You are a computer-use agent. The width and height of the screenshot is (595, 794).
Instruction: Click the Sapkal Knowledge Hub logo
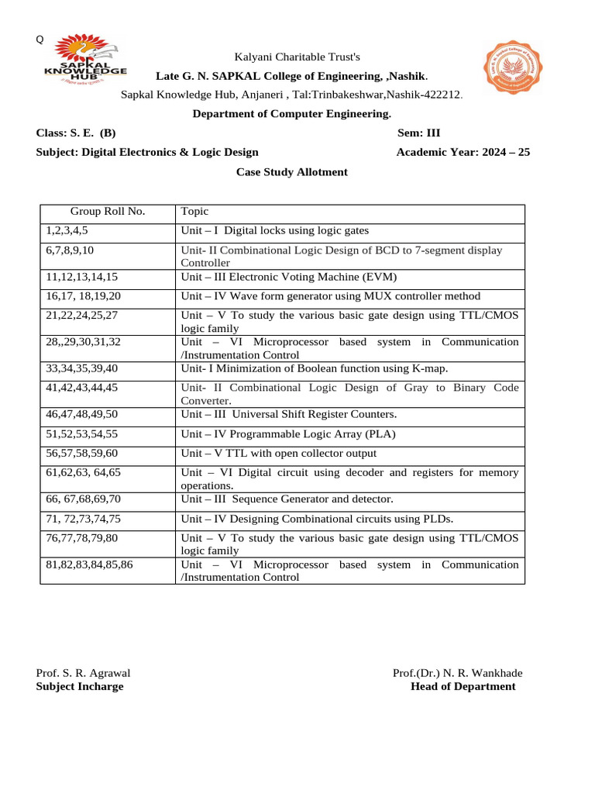click(x=84, y=61)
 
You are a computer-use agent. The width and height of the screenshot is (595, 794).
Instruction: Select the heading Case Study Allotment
click(x=291, y=172)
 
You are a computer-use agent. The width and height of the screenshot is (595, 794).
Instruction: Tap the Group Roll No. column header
click(x=108, y=212)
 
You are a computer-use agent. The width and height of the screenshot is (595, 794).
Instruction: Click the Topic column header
click(x=194, y=212)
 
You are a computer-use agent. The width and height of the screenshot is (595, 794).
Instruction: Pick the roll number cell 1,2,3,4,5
click(x=67, y=231)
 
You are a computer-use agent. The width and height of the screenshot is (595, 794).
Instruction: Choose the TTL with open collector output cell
click(x=279, y=454)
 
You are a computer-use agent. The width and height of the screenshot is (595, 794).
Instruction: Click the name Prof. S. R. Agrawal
click(x=83, y=673)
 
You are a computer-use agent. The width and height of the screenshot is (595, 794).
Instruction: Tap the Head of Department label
click(x=463, y=686)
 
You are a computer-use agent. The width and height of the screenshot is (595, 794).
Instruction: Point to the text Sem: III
click(x=418, y=133)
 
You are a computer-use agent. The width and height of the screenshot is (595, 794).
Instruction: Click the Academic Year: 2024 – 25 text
click(x=463, y=152)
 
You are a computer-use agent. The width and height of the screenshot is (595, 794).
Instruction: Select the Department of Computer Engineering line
click(x=291, y=113)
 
